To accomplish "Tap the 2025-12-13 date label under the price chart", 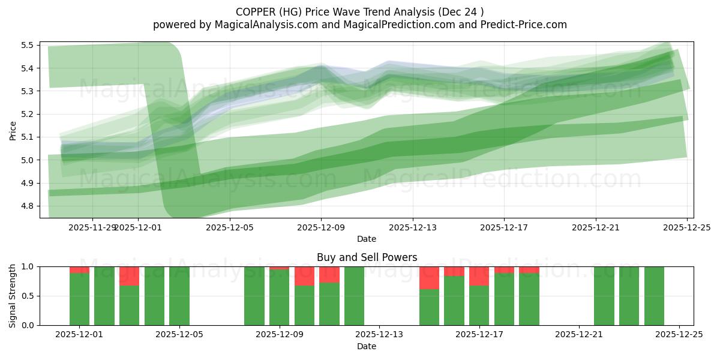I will [x=412, y=227].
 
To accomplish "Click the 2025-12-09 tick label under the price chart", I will [x=321, y=227].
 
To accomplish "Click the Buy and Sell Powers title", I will [x=367, y=257].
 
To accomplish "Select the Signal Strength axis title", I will [x=13, y=296].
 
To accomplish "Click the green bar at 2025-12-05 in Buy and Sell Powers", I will [x=179, y=296].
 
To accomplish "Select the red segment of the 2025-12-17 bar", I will [x=479, y=276].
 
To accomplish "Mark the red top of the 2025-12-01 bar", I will [x=79, y=269].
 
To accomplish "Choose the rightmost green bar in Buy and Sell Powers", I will [x=654, y=296].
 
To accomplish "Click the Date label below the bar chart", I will [x=367, y=346].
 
